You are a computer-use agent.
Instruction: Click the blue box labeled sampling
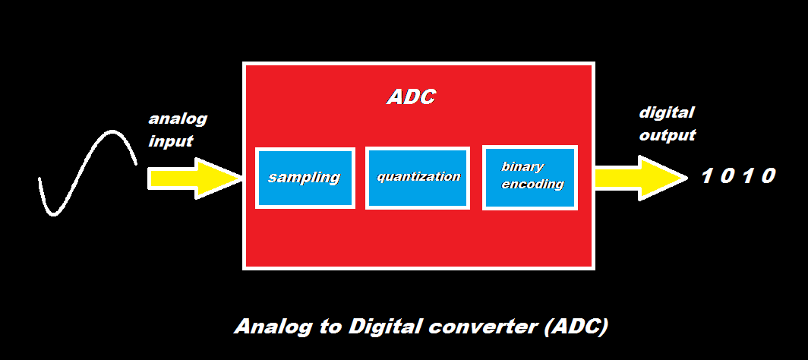305,178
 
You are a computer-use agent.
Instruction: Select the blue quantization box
418,178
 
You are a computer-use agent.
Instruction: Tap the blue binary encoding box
530,177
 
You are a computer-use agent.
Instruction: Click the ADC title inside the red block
412,97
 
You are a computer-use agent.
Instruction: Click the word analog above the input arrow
178,119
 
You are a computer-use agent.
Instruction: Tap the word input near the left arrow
171,141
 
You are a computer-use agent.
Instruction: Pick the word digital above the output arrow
667,113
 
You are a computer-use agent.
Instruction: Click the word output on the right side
667,136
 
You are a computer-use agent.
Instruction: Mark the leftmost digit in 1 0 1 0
705,176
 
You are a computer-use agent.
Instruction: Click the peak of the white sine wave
112,132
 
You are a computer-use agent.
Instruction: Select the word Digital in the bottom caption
383,327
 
